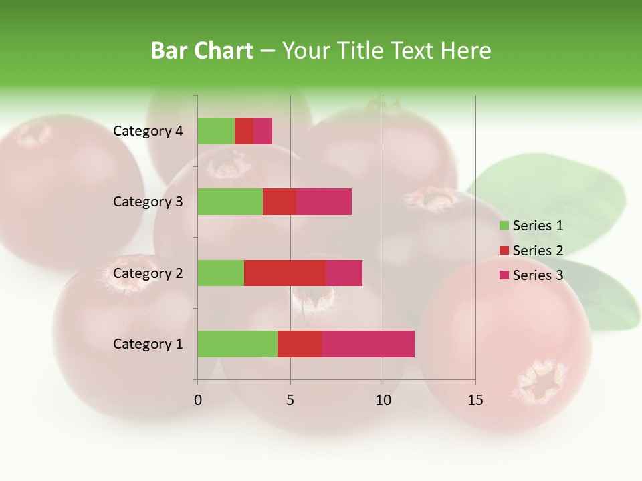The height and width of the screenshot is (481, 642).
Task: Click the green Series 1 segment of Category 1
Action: [x=237, y=344]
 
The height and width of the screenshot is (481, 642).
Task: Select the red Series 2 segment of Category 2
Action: [x=285, y=273]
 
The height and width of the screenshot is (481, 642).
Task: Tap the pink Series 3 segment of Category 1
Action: [x=368, y=344]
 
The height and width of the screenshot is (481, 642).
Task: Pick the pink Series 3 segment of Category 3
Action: [x=324, y=202]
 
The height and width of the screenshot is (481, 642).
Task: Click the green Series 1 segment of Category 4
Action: [x=216, y=131]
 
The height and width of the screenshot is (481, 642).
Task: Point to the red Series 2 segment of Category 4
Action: [x=244, y=131]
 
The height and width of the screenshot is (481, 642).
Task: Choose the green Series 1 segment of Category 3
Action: [x=230, y=202]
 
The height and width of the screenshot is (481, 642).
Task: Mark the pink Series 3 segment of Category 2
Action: [x=344, y=273]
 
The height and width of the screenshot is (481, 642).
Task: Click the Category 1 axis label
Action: [x=148, y=344]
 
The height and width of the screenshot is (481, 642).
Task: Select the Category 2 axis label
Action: [x=148, y=273]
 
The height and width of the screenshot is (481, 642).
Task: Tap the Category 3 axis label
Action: [x=148, y=202]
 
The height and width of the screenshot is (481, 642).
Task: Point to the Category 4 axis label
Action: [x=148, y=131]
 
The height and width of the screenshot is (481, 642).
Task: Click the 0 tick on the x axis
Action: [x=198, y=401]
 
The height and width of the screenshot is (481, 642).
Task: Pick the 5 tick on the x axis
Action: [x=290, y=401]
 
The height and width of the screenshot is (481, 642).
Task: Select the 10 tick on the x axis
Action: [x=383, y=401]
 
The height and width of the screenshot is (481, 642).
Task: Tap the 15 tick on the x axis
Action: [x=475, y=401]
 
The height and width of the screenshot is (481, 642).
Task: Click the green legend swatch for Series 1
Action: [x=504, y=226]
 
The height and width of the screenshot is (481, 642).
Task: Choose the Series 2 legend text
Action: [x=538, y=251]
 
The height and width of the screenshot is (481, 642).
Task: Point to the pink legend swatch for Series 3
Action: [x=504, y=275]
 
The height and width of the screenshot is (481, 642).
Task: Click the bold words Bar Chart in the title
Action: [x=202, y=51]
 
